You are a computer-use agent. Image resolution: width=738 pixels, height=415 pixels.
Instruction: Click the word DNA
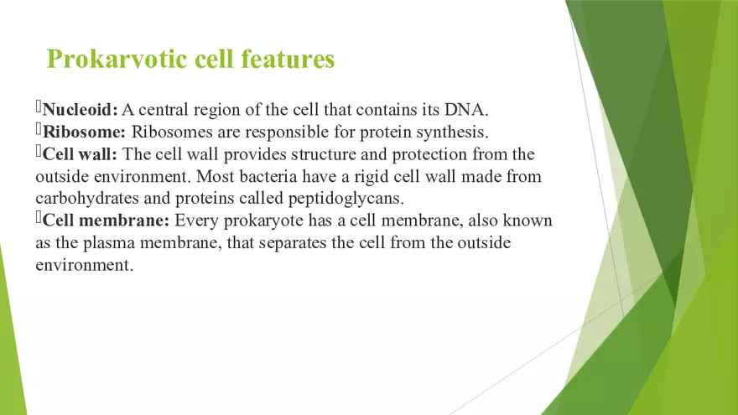(480, 110)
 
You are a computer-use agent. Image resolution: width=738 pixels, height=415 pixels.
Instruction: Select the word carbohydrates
(91, 199)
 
